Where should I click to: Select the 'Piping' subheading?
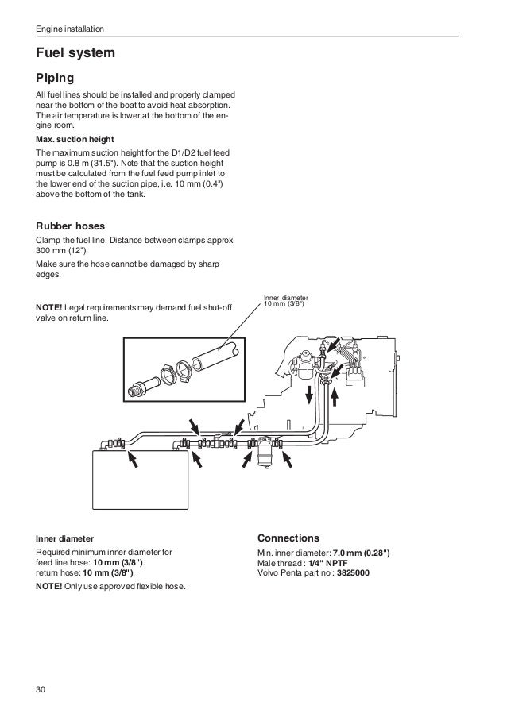(x=55, y=79)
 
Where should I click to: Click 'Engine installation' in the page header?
(x=69, y=30)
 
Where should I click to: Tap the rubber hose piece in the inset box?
(x=212, y=357)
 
